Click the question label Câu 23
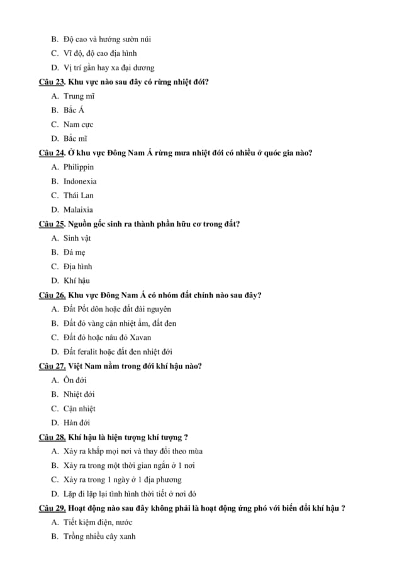(x=52, y=82)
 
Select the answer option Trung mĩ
(x=79, y=96)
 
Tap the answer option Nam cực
(x=78, y=125)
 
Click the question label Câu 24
(x=52, y=153)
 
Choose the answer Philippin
(x=79, y=167)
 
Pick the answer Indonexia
(x=80, y=182)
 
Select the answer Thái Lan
(x=78, y=196)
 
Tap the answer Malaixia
(x=78, y=210)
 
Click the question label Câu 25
(x=52, y=224)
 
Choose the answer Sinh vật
(x=77, y=238)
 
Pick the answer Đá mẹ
(x=74, y=253)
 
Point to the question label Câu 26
(x=52, y=295)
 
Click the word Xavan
(x=141, y=338)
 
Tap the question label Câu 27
(x=52, y=366)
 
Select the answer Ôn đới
(x=75, y=381)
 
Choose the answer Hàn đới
(x=76, y=423)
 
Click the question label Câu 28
(x=52, y=437)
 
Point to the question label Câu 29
(x=52, y=508)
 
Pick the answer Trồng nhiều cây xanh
(x=99, y=536)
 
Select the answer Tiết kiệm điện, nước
(x=98, y=523)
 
